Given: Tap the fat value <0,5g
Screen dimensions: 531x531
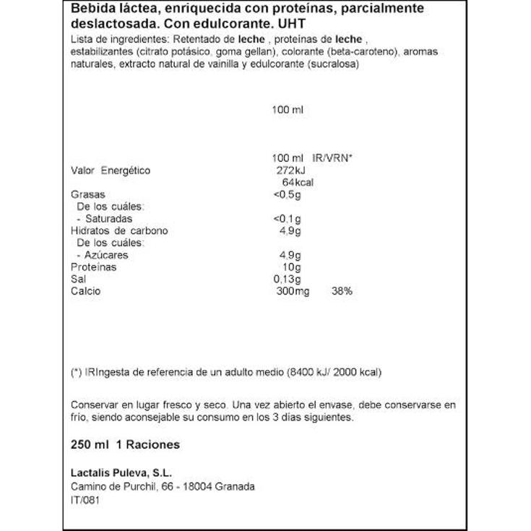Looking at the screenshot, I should point(286,194).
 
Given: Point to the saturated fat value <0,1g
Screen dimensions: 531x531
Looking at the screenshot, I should point(286,219).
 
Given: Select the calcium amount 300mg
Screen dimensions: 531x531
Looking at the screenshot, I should point(293,291).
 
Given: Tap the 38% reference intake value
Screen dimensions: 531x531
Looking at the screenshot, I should point(342,291).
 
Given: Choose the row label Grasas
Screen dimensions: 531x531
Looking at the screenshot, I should point(88,194).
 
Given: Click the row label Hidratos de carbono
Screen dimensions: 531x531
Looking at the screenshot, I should point(118,231).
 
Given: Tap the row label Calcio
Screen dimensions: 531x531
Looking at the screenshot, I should point(86,291).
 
